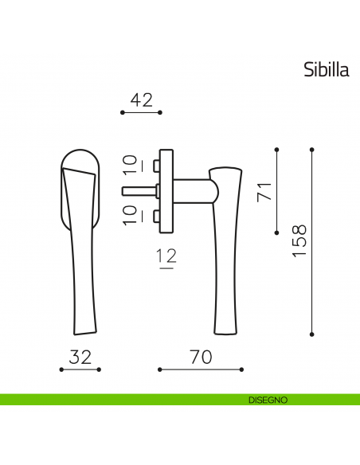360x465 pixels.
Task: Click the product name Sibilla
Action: [326, 69]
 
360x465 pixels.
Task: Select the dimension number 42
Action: [141, 100]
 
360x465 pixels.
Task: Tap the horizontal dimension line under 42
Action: [141, 114]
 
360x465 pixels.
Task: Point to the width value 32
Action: [80, 358]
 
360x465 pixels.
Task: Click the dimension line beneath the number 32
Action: [80, 369]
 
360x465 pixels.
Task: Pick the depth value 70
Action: [201, 358]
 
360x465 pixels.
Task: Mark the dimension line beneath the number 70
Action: [200, 369]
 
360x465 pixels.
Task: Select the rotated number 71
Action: [264, 190]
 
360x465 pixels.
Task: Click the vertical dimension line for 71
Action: [276, 190]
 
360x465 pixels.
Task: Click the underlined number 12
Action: [166, 257]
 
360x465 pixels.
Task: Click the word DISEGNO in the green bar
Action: [261, 400]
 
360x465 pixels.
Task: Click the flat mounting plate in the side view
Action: [166, 190]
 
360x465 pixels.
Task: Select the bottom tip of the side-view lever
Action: [226, 330]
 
